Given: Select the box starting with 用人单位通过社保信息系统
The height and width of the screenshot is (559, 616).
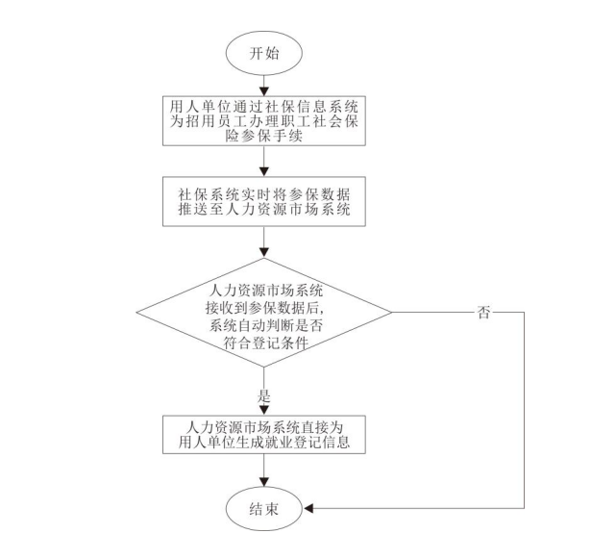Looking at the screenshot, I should (263, 120).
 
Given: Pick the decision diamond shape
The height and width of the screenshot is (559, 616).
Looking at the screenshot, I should (263, 313).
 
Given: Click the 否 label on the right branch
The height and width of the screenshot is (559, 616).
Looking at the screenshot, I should (483, 312).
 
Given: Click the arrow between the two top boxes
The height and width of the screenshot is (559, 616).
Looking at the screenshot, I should (264, 165).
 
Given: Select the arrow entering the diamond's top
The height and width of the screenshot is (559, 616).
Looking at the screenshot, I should (264, 246).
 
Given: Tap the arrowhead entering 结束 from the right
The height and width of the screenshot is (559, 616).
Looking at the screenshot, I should (309, 507).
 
